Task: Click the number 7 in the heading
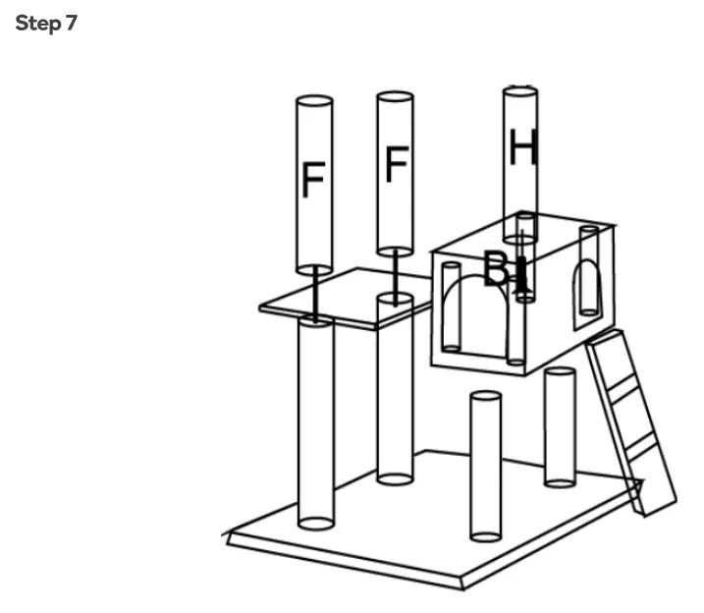point(71,24)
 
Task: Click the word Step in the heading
point(37,24)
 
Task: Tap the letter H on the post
point(522,148)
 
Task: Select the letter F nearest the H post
point(396,164)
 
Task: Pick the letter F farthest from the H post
point(313,181)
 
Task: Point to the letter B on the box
point(497,268)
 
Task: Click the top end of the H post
point(520,92)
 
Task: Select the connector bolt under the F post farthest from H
point(314,293)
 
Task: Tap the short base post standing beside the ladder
point(560,427)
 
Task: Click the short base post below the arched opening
point(486,467)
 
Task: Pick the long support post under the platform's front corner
point(315,422)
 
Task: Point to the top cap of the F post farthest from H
point(314,100)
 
